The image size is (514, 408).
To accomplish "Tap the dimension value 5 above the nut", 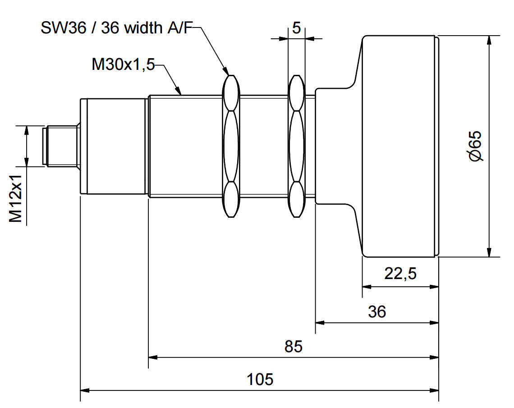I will [x=296, y=28].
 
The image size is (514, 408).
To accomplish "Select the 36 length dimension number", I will [x=377, y=312].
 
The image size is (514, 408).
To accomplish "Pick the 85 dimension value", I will [x=294, y=347].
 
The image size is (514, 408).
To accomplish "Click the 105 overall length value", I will [x=260, y=379].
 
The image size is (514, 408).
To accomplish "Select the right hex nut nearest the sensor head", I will [x=296, y=146].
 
